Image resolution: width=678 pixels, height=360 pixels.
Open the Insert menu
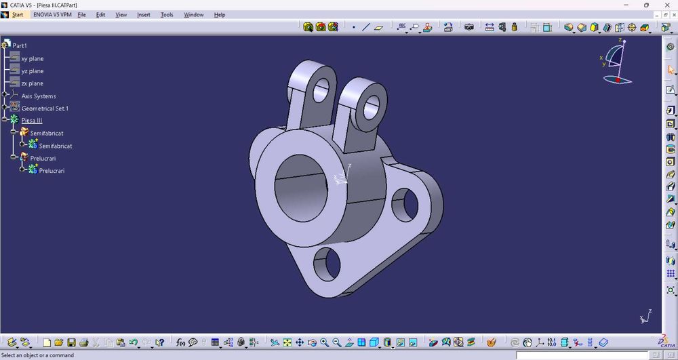coord(144,15)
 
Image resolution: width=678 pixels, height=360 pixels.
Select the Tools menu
coord(167,15)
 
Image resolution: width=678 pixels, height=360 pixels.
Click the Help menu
coord(220,15)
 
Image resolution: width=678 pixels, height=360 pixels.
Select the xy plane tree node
coord(33,59)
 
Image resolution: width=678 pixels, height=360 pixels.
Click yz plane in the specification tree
coord(33,71)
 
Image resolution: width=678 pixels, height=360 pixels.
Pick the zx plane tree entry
coord(33,83)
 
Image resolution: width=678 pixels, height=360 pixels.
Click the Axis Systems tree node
coord(39,96)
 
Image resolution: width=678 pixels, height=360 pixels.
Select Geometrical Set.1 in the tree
coord(45,108)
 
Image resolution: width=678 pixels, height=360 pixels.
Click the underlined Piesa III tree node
coord(32,121)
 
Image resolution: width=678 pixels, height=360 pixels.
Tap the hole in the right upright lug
coord(372,105)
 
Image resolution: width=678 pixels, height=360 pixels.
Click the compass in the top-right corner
coord(618,62)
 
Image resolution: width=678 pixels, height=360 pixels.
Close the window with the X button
coord(667,5)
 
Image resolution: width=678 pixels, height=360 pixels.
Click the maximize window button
coord(646,5)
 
